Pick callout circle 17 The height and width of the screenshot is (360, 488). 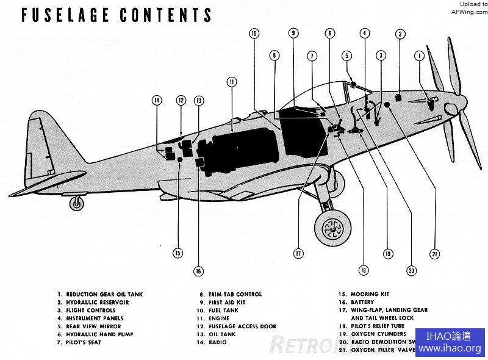298,252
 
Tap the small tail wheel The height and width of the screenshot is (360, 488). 77,203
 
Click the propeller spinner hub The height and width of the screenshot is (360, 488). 451,110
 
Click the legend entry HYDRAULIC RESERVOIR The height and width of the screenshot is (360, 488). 97,302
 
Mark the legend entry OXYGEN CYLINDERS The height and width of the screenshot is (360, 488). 375,334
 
